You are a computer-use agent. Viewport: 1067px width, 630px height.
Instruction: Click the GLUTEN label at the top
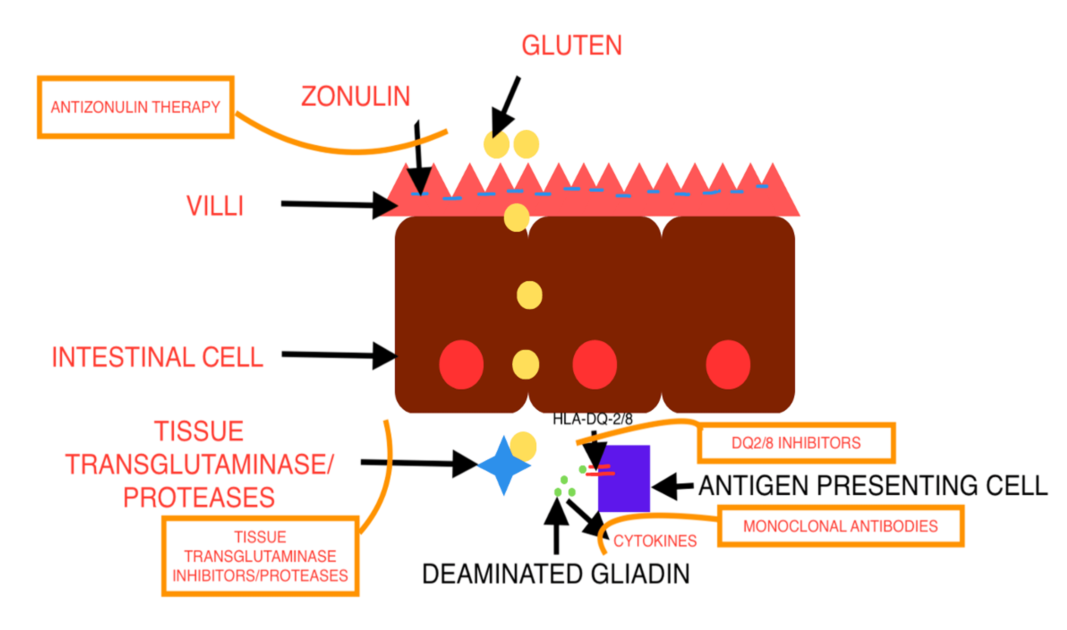click(x=572, y=46)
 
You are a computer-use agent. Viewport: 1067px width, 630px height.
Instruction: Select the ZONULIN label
click(x=355, y=96)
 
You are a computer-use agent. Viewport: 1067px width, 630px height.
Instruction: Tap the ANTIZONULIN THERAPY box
click(x=136, y=107)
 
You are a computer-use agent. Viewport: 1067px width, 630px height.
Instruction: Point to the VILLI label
click(x=215, y=206)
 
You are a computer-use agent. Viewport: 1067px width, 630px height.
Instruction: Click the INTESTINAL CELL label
click(x=158, y=357)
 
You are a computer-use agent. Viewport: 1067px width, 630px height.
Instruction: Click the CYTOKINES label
click(x=655, y=541)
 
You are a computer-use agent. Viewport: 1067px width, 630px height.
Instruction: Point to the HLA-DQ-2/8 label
click(x=592, y=420)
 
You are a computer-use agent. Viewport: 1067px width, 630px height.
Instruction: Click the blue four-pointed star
click(x=504, y=466)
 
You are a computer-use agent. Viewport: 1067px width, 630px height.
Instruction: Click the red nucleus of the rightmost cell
click(x=728, y=364)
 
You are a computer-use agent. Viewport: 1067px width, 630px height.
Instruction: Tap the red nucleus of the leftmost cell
click(x=461, y=364)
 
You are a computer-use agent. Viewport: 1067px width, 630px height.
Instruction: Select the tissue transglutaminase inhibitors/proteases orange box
click(x=260, y=556)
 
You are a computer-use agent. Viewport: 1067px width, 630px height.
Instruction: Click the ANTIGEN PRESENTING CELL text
click(x=873, y=486)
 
